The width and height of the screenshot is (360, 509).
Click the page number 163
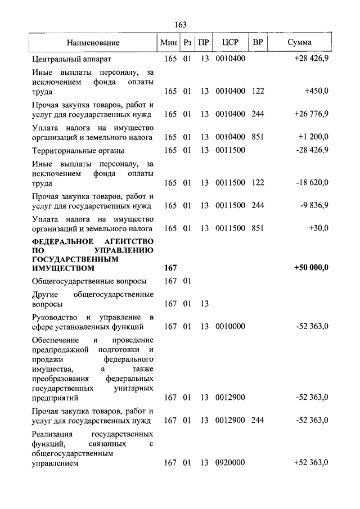(x=181, y=25)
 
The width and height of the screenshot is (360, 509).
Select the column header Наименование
(x=93, y=43)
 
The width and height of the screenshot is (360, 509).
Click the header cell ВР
(x=258, y=43)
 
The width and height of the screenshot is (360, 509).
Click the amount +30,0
(x=318, y=228)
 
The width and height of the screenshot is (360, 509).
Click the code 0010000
(x=230, y=326)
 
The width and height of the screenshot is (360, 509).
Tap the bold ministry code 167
(x=170, y=268)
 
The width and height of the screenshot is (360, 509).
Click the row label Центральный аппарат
(x=72, y=58)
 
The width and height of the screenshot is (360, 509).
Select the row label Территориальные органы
(x=78, y=151)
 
